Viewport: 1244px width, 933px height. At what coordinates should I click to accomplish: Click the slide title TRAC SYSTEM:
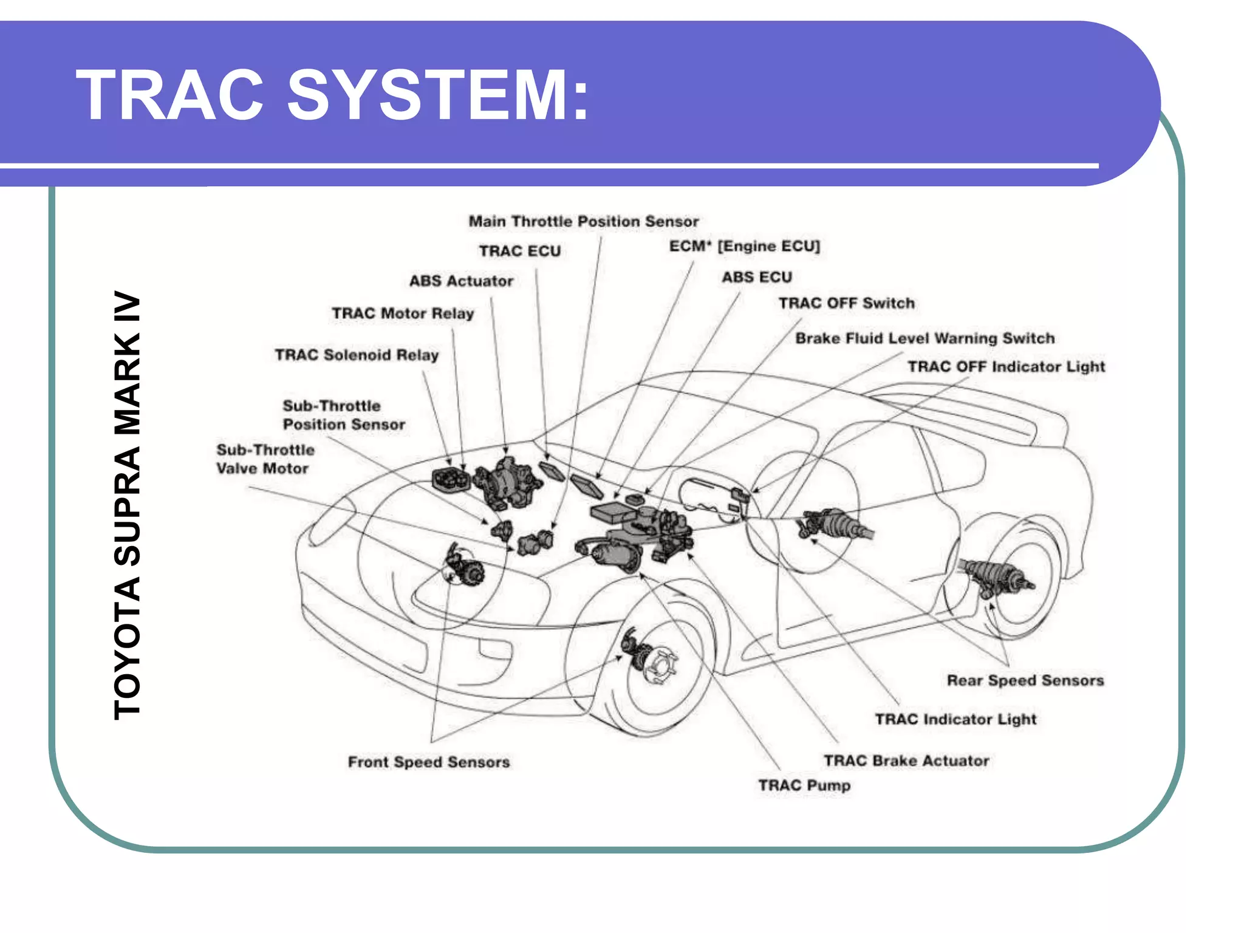click(332, 95)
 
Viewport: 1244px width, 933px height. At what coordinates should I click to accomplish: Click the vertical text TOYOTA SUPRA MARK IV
click(128, 505)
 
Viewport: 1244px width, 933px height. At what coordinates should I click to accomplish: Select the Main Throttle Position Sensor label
click(583, 221)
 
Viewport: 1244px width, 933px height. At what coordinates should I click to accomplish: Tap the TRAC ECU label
click(519, 251)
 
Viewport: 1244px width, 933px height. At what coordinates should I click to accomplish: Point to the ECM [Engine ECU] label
click(744, 246)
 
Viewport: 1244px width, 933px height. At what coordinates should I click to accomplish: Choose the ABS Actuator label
click(461, 281)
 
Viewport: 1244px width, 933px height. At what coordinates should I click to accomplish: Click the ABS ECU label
click(757, 277)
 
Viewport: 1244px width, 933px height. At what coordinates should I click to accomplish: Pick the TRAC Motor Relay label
click(403, 313)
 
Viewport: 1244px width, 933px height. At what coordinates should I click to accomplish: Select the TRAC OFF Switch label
click(846, 303)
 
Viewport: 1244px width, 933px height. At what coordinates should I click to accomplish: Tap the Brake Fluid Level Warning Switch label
click(924, 338)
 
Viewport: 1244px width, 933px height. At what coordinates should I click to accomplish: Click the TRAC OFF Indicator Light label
click(1006, 367)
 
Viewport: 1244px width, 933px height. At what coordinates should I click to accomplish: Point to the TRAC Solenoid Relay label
click(357, 355)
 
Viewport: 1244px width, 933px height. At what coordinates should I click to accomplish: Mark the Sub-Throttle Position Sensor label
click(343, 415)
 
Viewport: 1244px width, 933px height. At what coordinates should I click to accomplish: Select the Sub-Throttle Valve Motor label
click(265, 459)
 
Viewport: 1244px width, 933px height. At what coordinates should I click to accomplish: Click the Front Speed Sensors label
click(428, 762)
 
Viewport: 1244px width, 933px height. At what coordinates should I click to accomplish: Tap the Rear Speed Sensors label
click(1025, 680)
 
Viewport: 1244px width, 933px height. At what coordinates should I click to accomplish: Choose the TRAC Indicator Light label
click(955, 719)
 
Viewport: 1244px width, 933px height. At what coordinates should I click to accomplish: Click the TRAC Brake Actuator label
click(906, 760)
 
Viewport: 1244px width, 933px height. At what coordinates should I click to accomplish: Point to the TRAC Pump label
click(804, 785)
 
